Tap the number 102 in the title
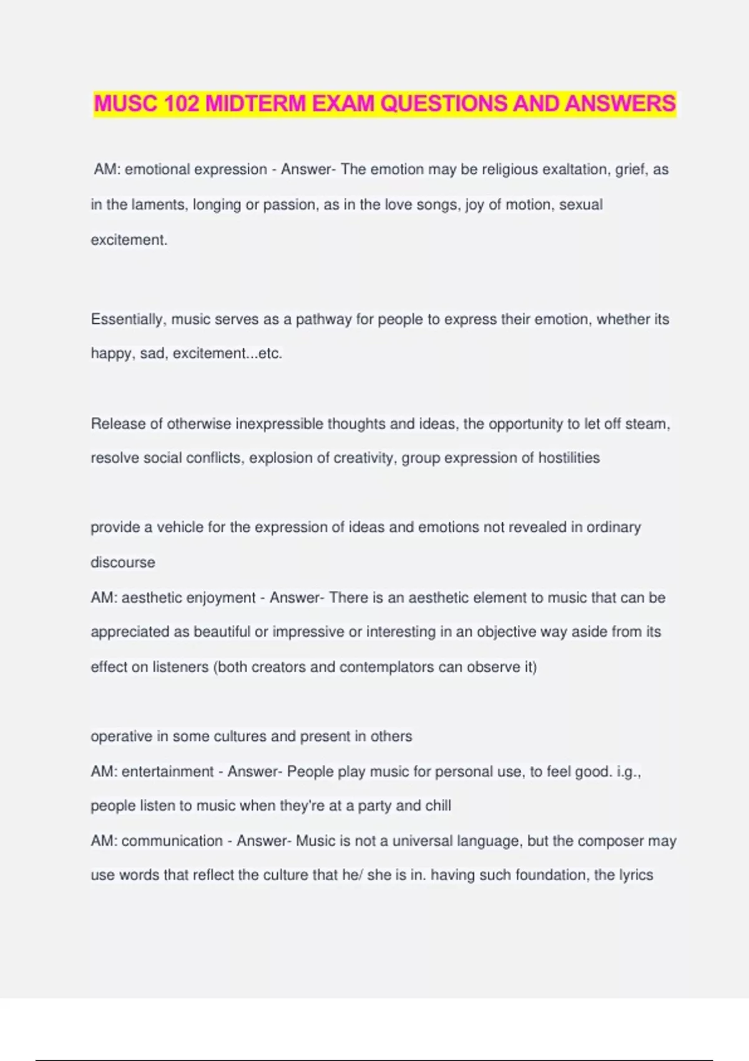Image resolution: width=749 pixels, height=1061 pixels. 181,104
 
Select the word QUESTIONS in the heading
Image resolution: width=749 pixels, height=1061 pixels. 443,104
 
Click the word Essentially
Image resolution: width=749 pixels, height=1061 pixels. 128,320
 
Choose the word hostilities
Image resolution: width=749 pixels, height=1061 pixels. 569,458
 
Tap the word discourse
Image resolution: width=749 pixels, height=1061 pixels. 123,562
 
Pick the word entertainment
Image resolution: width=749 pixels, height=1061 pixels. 167,771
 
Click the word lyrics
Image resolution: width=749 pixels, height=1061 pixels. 636,875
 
